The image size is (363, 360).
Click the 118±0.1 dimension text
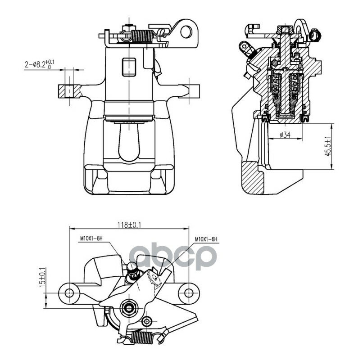pos(129,224)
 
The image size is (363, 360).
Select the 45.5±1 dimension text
pos(327,146)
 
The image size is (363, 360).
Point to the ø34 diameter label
pos(285,135)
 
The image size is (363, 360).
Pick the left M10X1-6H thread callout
pos(91,238)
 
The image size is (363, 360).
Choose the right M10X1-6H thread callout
pos(206,239)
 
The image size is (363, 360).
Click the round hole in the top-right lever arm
pos(186,32)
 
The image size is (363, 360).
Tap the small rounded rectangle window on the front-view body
pos(129,67)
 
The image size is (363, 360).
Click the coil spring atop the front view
pos(142,36)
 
